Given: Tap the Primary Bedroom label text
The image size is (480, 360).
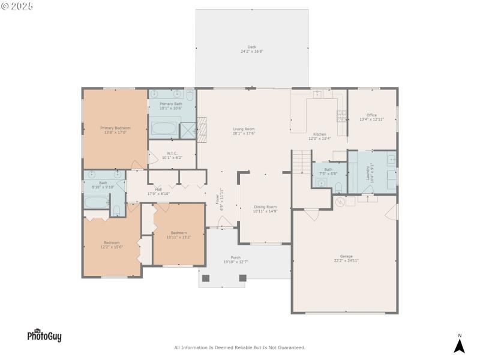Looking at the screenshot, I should point(115,128).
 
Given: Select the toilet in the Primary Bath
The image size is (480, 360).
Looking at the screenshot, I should point(190,95).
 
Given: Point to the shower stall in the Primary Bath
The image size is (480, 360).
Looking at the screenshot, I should point(188,131).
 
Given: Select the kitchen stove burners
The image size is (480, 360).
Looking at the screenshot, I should point(341,115).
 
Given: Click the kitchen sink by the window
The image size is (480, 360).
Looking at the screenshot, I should point(318,94).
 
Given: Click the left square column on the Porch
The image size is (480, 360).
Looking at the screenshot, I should point(206,278).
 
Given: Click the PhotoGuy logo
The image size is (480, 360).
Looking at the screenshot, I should point(44,336).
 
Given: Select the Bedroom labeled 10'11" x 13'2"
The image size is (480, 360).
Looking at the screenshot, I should point(178,235).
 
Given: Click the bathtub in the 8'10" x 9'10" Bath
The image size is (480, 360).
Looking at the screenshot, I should point(95,202).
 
